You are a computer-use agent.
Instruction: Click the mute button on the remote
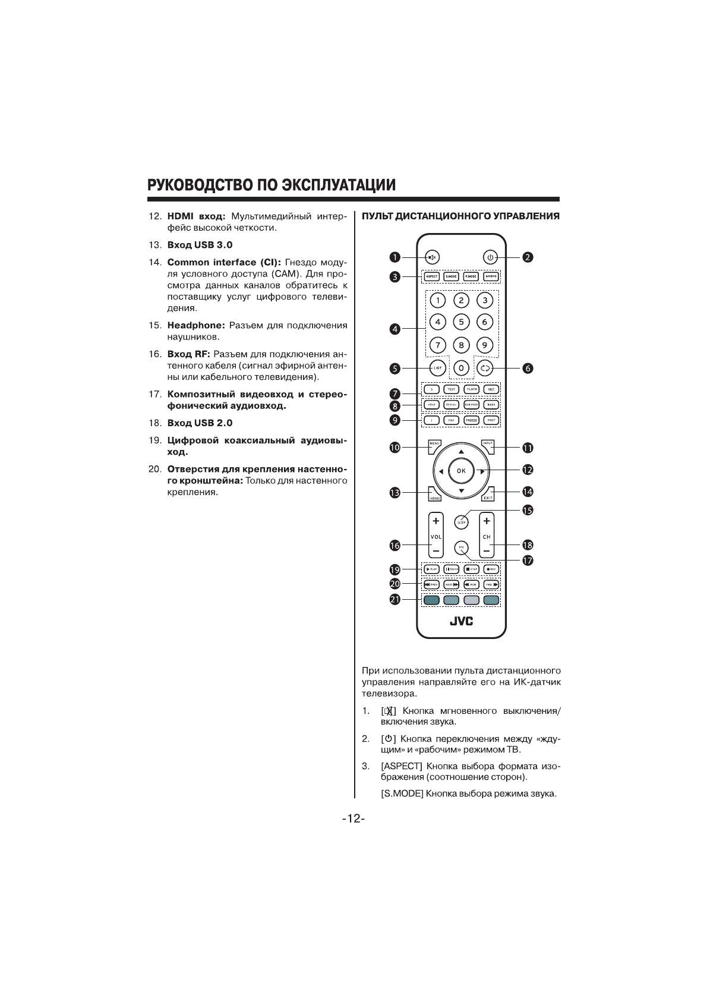click(432, 257)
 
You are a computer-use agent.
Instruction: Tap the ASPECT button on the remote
click(432, 276)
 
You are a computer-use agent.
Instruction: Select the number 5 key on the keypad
click(461, 322)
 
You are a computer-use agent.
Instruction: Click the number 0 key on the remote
click(462, 369)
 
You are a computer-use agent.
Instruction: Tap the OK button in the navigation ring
click(461, 471)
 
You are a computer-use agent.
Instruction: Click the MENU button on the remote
click(434, 445)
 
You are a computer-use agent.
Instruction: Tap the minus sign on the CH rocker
click(487, 551)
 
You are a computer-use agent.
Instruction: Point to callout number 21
click(395, 599)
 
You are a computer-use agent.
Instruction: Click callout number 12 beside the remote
click(528, 470)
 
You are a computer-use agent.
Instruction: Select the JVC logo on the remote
click(461, 621)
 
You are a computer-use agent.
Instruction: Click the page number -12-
click(353, 819)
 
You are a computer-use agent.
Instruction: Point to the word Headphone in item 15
click(194, 325)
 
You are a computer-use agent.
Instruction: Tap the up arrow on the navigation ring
click(461, 452)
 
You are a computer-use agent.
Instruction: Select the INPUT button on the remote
click(488, 445)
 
